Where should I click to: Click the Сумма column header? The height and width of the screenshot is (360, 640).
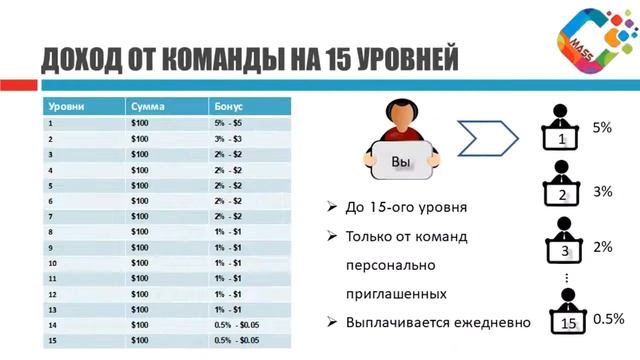point(147,105)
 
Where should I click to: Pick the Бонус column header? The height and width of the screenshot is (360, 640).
point(229,105)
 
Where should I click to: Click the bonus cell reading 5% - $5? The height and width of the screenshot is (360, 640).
point(228,122)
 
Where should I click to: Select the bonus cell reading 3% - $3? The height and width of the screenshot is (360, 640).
point(228,138)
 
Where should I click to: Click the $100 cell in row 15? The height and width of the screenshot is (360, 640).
point(140,341)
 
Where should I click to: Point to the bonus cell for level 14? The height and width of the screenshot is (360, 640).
point(235,325)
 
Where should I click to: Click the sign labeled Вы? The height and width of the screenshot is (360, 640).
point(401,160)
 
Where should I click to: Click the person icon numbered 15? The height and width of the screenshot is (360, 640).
point(568,313)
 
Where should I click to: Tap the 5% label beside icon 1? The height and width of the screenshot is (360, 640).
point(602,128)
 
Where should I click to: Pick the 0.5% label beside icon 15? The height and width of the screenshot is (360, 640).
point(608,318)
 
